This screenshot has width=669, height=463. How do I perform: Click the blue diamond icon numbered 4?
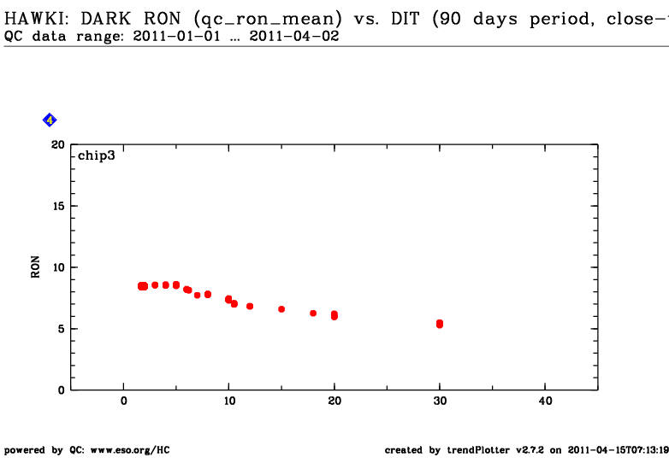tap(50, 120)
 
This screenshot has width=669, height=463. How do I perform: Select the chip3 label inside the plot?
tap(97, 156)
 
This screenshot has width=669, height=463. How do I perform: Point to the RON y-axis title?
tap(35, 267)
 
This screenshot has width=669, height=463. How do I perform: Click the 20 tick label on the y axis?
tap(57, 145)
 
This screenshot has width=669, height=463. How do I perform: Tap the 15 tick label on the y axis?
tap(57, 206)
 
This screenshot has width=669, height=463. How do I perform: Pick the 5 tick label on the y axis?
tap(61, 329)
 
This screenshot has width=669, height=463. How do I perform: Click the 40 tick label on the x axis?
tap(544, 401)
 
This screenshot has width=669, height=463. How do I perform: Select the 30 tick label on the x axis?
tap(439, 401)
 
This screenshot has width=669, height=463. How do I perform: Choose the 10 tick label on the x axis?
tap(229, 401)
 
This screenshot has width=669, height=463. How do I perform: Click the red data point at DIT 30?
tap(440, 324)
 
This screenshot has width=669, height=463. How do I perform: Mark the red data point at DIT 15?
tap(281, 309)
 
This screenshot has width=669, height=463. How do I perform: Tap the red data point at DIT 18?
tap(313, 314)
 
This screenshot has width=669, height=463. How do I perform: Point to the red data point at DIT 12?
tap(250, 306)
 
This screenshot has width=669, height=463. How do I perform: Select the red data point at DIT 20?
tap(334, 315)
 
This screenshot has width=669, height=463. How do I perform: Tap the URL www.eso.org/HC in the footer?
tap(129, 449)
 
